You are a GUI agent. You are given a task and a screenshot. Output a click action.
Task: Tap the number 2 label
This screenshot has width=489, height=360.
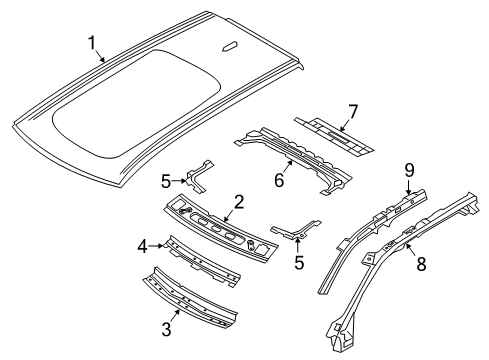[237, 203]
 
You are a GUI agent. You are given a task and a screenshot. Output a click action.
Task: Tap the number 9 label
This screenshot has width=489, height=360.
[409, 170]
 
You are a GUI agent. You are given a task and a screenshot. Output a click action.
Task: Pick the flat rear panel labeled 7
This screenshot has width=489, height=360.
[335, 134]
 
